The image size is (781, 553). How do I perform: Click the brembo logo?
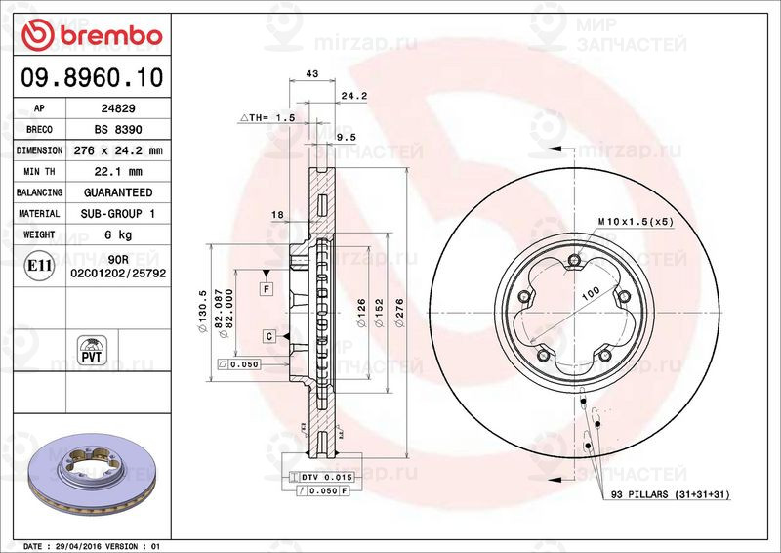tap(91, 35)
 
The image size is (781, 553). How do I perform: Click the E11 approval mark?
tap(40, 264)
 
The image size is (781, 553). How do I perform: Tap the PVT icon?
tap(91, 349)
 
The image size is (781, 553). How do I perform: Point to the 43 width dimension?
tap(313, 74)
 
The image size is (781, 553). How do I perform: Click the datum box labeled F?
tap(265, 288)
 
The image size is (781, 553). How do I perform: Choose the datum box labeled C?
tap(267, 336)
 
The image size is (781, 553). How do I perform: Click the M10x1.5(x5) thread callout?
tap(636, 223)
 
